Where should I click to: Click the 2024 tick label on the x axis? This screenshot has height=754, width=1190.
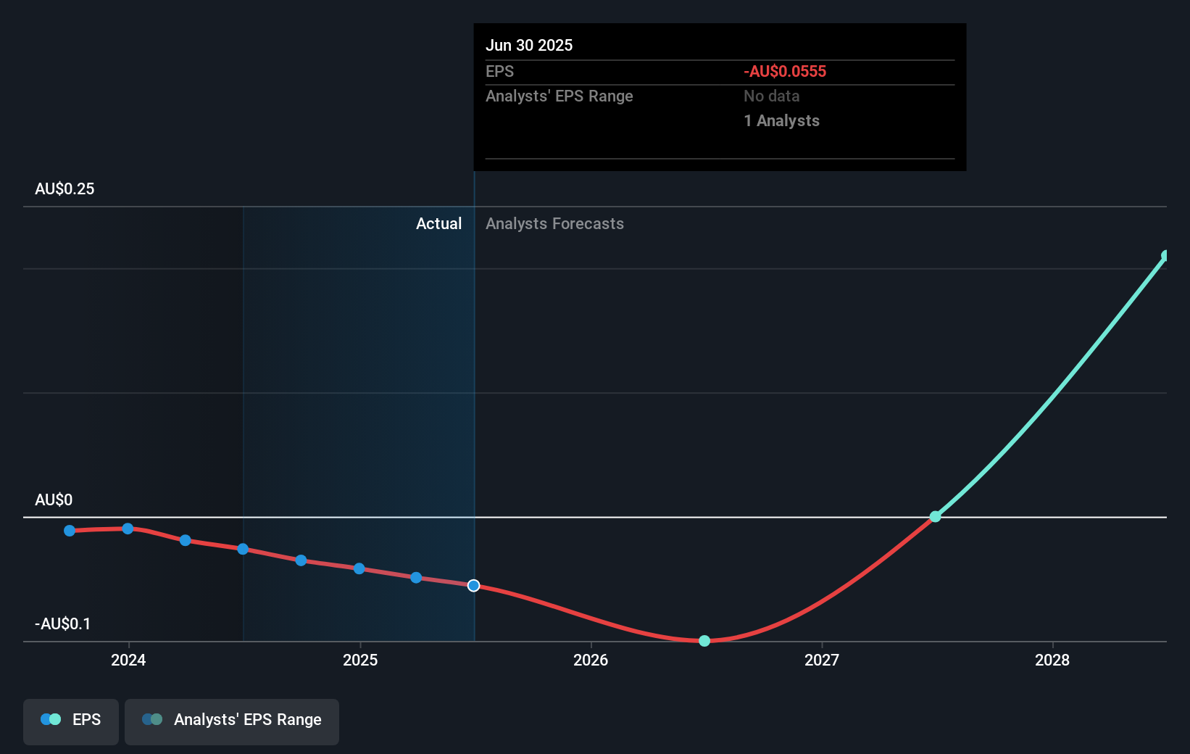pyautogui.click(x=128, y=660)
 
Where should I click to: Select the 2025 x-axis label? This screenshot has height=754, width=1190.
pyautogui.click(x=360, y=660)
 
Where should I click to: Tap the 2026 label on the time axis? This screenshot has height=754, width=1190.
pyautogui.click(x=591, y=660)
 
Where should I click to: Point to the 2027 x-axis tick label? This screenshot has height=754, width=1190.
pyautogui.click(x=822, y=660)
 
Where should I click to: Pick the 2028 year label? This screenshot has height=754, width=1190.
pyautogui.click(x=1052, y=660)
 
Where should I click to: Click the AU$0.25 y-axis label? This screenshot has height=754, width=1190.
pyautogui.click(x=65, y=188)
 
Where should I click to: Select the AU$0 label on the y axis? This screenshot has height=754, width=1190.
pyautogui.click(x=54, y=500)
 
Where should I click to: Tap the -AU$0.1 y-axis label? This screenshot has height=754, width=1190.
pyautogui.click(x=63, y=623)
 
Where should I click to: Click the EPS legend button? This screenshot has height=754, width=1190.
pyautogui.click(x=71, y=720)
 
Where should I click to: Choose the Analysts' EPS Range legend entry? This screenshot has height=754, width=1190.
pyautogui.click(x=232, y=720)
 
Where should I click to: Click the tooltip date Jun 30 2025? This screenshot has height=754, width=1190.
pyautogui.click(x=529, y=45)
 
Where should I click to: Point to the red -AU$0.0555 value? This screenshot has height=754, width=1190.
pyautogui.click(x=785, y=71)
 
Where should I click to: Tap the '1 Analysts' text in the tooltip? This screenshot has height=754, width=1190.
pyautogui.click(x=781, y=120)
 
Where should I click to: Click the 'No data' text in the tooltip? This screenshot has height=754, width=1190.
pyautogui.click(x=771, y=96)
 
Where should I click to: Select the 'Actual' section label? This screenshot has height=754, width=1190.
pyautogui.click(x=438, y=223)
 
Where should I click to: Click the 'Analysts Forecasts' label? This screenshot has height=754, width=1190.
pyautogui.click(x=554, y=223)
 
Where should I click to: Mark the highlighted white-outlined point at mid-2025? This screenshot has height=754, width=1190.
pyautogui.click(x=473, y=585)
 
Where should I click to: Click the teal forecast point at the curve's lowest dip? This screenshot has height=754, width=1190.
pyautogui.click(x=704, y=641)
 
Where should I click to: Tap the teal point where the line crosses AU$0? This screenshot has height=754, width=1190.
pyautogui.click(x=936, y=516)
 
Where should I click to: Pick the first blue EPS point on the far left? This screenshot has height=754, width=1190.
pyautogui.click(x=70, y=531)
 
